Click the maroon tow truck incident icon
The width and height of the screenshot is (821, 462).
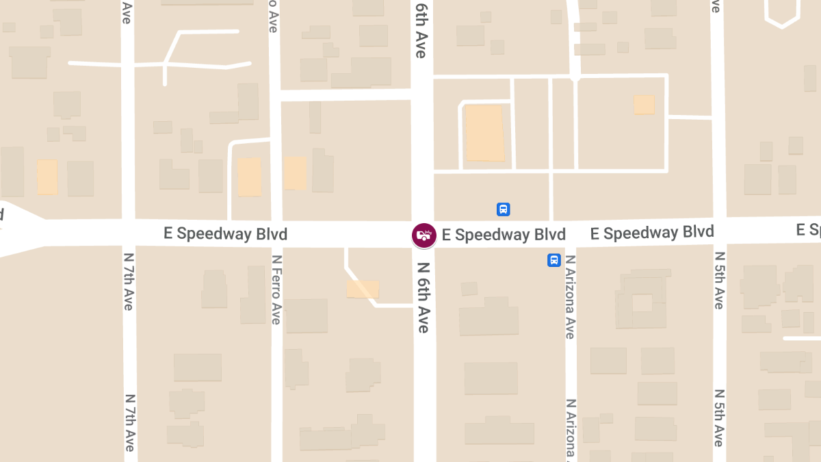424,235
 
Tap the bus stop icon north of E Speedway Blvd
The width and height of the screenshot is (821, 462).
504,209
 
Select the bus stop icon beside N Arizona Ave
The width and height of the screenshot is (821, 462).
554,260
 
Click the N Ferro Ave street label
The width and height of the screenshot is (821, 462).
276,290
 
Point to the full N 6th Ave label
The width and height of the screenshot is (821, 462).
423,298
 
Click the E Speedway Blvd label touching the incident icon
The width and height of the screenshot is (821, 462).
504,235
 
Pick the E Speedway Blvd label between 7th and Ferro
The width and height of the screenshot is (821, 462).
225,234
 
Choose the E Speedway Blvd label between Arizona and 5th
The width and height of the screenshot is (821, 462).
652,233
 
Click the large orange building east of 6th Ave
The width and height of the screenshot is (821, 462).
485,133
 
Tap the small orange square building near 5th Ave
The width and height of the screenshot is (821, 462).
644,105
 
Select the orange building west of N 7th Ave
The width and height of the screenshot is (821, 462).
47,177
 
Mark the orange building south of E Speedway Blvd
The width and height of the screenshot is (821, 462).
363,289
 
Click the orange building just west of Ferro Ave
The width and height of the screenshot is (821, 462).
249,177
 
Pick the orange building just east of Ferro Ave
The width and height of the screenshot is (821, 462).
295,173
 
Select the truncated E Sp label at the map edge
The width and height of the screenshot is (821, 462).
808,230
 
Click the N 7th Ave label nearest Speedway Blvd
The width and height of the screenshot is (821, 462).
128,281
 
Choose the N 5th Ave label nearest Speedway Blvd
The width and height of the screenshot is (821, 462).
718,280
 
